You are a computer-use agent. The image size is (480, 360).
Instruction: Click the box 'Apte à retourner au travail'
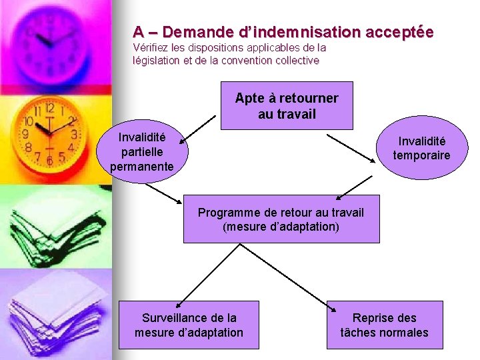[286, 105]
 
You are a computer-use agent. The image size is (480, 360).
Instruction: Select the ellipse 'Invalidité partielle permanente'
[142, 152]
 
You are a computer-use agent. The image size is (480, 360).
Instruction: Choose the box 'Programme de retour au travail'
[281, 219]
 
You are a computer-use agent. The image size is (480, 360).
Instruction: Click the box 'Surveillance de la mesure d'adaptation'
[189, 325]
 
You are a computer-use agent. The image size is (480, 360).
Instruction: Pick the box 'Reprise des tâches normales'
[384, 325]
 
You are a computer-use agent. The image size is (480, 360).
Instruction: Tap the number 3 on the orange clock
[73, 134]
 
